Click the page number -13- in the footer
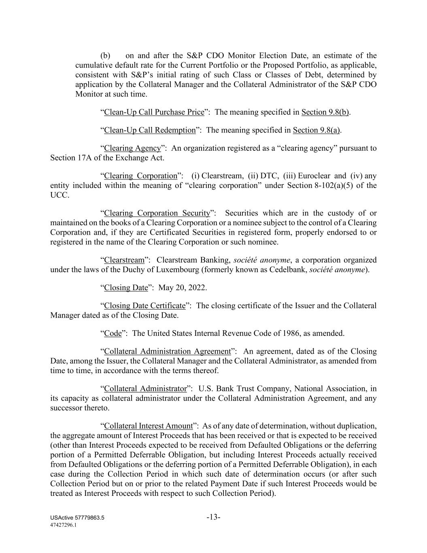point(213,517)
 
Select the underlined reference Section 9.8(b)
point(325,112)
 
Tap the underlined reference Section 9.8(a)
point(317,130)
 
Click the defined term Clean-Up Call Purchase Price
point(154,112)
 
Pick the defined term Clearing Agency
point(132,148)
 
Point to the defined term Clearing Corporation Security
point(157,213)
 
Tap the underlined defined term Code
point(113,333)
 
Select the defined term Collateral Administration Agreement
point(167,351)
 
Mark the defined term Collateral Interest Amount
point(148,426)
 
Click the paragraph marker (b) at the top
point(105,56)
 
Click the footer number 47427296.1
point(64,525)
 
